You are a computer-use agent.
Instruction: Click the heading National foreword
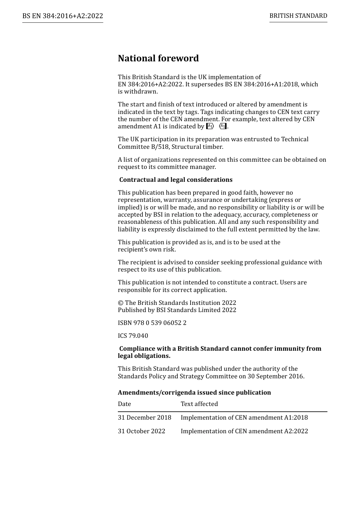[158, 58]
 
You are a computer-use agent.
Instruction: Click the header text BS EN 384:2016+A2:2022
[63, 16]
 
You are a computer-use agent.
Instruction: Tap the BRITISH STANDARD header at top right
[298, 16]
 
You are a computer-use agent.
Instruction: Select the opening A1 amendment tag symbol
[210, 126]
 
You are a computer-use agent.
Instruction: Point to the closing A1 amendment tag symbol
[223, 126]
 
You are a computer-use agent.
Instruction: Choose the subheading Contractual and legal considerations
[176, 180]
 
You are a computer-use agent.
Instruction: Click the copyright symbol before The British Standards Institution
[121, 303]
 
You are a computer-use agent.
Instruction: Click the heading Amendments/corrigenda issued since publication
[194, 393]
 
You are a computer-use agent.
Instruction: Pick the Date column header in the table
[124, 404]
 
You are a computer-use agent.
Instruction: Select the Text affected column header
[199, 404]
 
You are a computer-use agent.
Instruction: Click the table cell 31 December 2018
[144, 418]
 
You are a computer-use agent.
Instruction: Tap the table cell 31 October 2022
[141, 431]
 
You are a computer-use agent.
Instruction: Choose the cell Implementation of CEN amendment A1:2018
[244, 418]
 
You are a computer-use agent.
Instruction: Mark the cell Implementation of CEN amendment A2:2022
[244, 431]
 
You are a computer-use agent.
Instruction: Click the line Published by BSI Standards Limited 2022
[177, 310]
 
